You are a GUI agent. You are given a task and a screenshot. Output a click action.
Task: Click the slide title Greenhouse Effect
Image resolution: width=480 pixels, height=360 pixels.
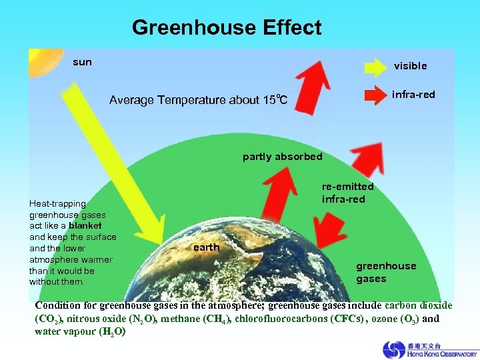point(226,28)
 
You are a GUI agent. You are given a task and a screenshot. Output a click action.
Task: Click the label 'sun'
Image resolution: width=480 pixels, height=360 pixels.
point(82,62)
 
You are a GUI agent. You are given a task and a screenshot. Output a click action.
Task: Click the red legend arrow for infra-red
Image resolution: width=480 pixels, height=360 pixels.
point(374,95)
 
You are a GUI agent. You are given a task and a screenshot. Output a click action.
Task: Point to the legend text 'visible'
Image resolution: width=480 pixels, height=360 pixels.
point(410,66)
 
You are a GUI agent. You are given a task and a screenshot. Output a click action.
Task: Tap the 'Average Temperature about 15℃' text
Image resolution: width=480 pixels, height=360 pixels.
point(198,101)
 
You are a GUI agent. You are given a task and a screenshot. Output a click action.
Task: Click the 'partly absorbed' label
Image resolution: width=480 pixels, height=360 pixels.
point(282,157)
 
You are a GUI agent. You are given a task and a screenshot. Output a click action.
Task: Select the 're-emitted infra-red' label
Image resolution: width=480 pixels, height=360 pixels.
point(347,193)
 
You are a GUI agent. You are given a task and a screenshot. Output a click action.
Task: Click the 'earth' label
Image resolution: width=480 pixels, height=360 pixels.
point(206,247)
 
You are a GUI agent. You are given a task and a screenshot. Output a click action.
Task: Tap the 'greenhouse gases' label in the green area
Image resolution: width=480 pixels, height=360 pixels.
point(385,272)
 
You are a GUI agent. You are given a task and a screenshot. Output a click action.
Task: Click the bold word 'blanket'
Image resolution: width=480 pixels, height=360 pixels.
point(85,226)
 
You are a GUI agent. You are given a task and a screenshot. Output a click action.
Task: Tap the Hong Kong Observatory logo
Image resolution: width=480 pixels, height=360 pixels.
point(429,349)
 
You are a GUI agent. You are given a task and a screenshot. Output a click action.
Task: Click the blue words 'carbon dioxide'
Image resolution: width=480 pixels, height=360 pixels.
point(418,305)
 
